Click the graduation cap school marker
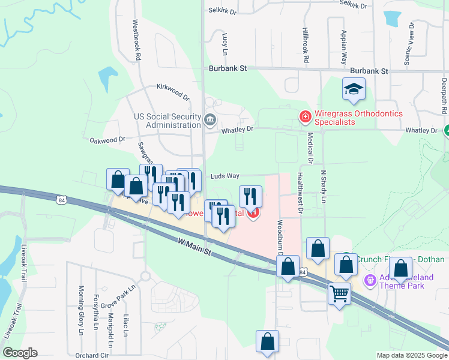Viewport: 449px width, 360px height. [354, 89]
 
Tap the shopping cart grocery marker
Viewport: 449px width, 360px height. [340, 294]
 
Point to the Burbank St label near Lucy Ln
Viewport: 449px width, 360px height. [228, 69]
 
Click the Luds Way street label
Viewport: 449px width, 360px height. [225, 176]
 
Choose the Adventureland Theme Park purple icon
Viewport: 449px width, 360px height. [369, 280]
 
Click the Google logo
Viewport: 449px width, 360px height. [20, 353]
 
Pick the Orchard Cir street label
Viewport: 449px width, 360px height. [92, 355]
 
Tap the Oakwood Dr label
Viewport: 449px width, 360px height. [107, 140]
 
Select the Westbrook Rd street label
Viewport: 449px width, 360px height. [137, 41]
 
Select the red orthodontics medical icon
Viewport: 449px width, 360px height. [305, 114]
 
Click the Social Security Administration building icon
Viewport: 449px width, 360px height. [209, 119]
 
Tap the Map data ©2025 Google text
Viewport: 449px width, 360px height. [411, 355]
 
